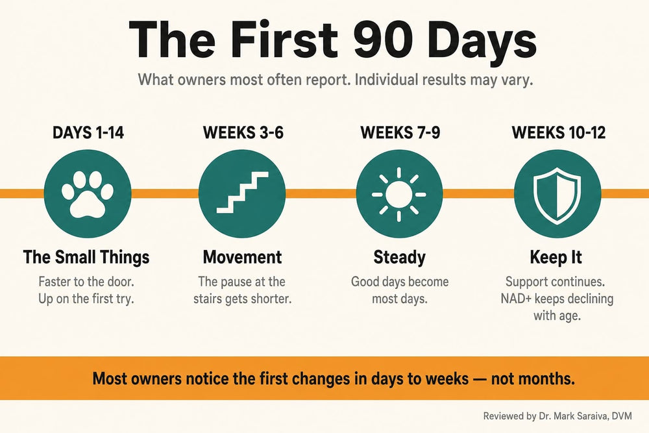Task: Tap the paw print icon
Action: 88,193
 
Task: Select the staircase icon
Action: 243,193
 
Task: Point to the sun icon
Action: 399,194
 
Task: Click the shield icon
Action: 557,193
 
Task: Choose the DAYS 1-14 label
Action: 88,133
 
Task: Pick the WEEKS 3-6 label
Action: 243,133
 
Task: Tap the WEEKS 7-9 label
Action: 400,133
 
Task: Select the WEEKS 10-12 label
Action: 559,133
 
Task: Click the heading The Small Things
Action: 86,257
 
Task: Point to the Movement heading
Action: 243,257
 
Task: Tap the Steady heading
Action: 399,258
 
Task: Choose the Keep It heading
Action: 556,258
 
